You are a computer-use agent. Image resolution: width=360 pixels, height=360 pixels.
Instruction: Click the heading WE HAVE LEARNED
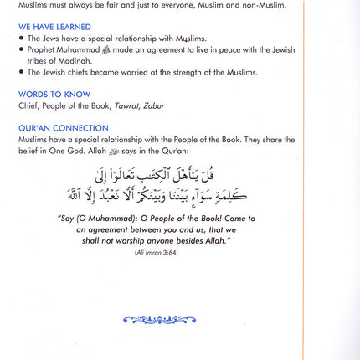click(x=54, y=27)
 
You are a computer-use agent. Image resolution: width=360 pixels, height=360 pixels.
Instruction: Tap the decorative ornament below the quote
click(x=158, y=319)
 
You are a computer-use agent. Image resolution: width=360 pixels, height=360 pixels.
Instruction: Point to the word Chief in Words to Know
click(x=28, y=106)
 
